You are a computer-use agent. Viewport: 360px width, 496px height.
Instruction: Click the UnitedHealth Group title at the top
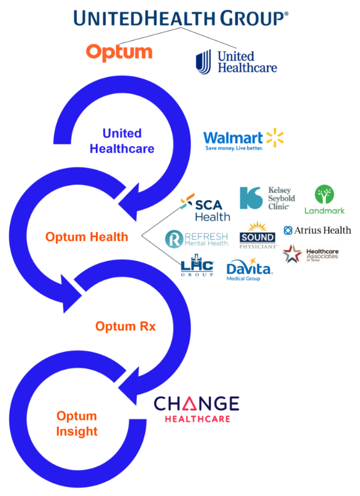click(x=181, y=18)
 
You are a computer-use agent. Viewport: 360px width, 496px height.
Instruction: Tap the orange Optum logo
click(x=119, y=52)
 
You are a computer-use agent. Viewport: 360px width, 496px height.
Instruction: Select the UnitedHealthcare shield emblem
click(x=203, y=61)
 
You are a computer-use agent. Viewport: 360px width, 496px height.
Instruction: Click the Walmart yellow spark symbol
click(x=275, y=138)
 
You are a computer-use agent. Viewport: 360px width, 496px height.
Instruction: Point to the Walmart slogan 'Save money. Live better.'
click(x=234, y=148)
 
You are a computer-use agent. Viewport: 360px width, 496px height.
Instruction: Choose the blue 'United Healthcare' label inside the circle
click(x=122, y=141)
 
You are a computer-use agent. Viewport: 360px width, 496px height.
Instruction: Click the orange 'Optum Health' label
click(x=87, y=236)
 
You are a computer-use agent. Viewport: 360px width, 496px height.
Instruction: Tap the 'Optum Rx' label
click(x=125, y=326)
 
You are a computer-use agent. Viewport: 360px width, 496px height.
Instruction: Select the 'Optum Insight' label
click(x=77, y=424)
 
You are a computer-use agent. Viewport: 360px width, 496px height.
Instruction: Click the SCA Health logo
click(x=205, y=207)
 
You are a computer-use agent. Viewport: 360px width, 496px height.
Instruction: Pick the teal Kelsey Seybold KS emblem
click(x=251, y=198)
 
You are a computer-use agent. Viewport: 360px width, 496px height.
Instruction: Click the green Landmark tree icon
click(x=324, y=194)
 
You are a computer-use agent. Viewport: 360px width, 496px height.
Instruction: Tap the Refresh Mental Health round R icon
click(x=174, y=239)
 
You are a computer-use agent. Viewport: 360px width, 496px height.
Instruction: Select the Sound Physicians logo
click(x=257, y=235)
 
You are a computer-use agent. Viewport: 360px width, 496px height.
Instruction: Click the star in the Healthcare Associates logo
click(x=292, y=254)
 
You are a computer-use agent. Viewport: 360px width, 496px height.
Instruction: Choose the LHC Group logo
click(x=197, y=265)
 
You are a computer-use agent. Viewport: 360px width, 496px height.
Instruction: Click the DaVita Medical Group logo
click(x=249, y=269)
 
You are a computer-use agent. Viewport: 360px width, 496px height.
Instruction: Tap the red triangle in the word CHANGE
click(x=189, y=404)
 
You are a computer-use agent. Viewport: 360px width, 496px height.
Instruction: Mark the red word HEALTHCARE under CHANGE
click(x=198, y=419)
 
